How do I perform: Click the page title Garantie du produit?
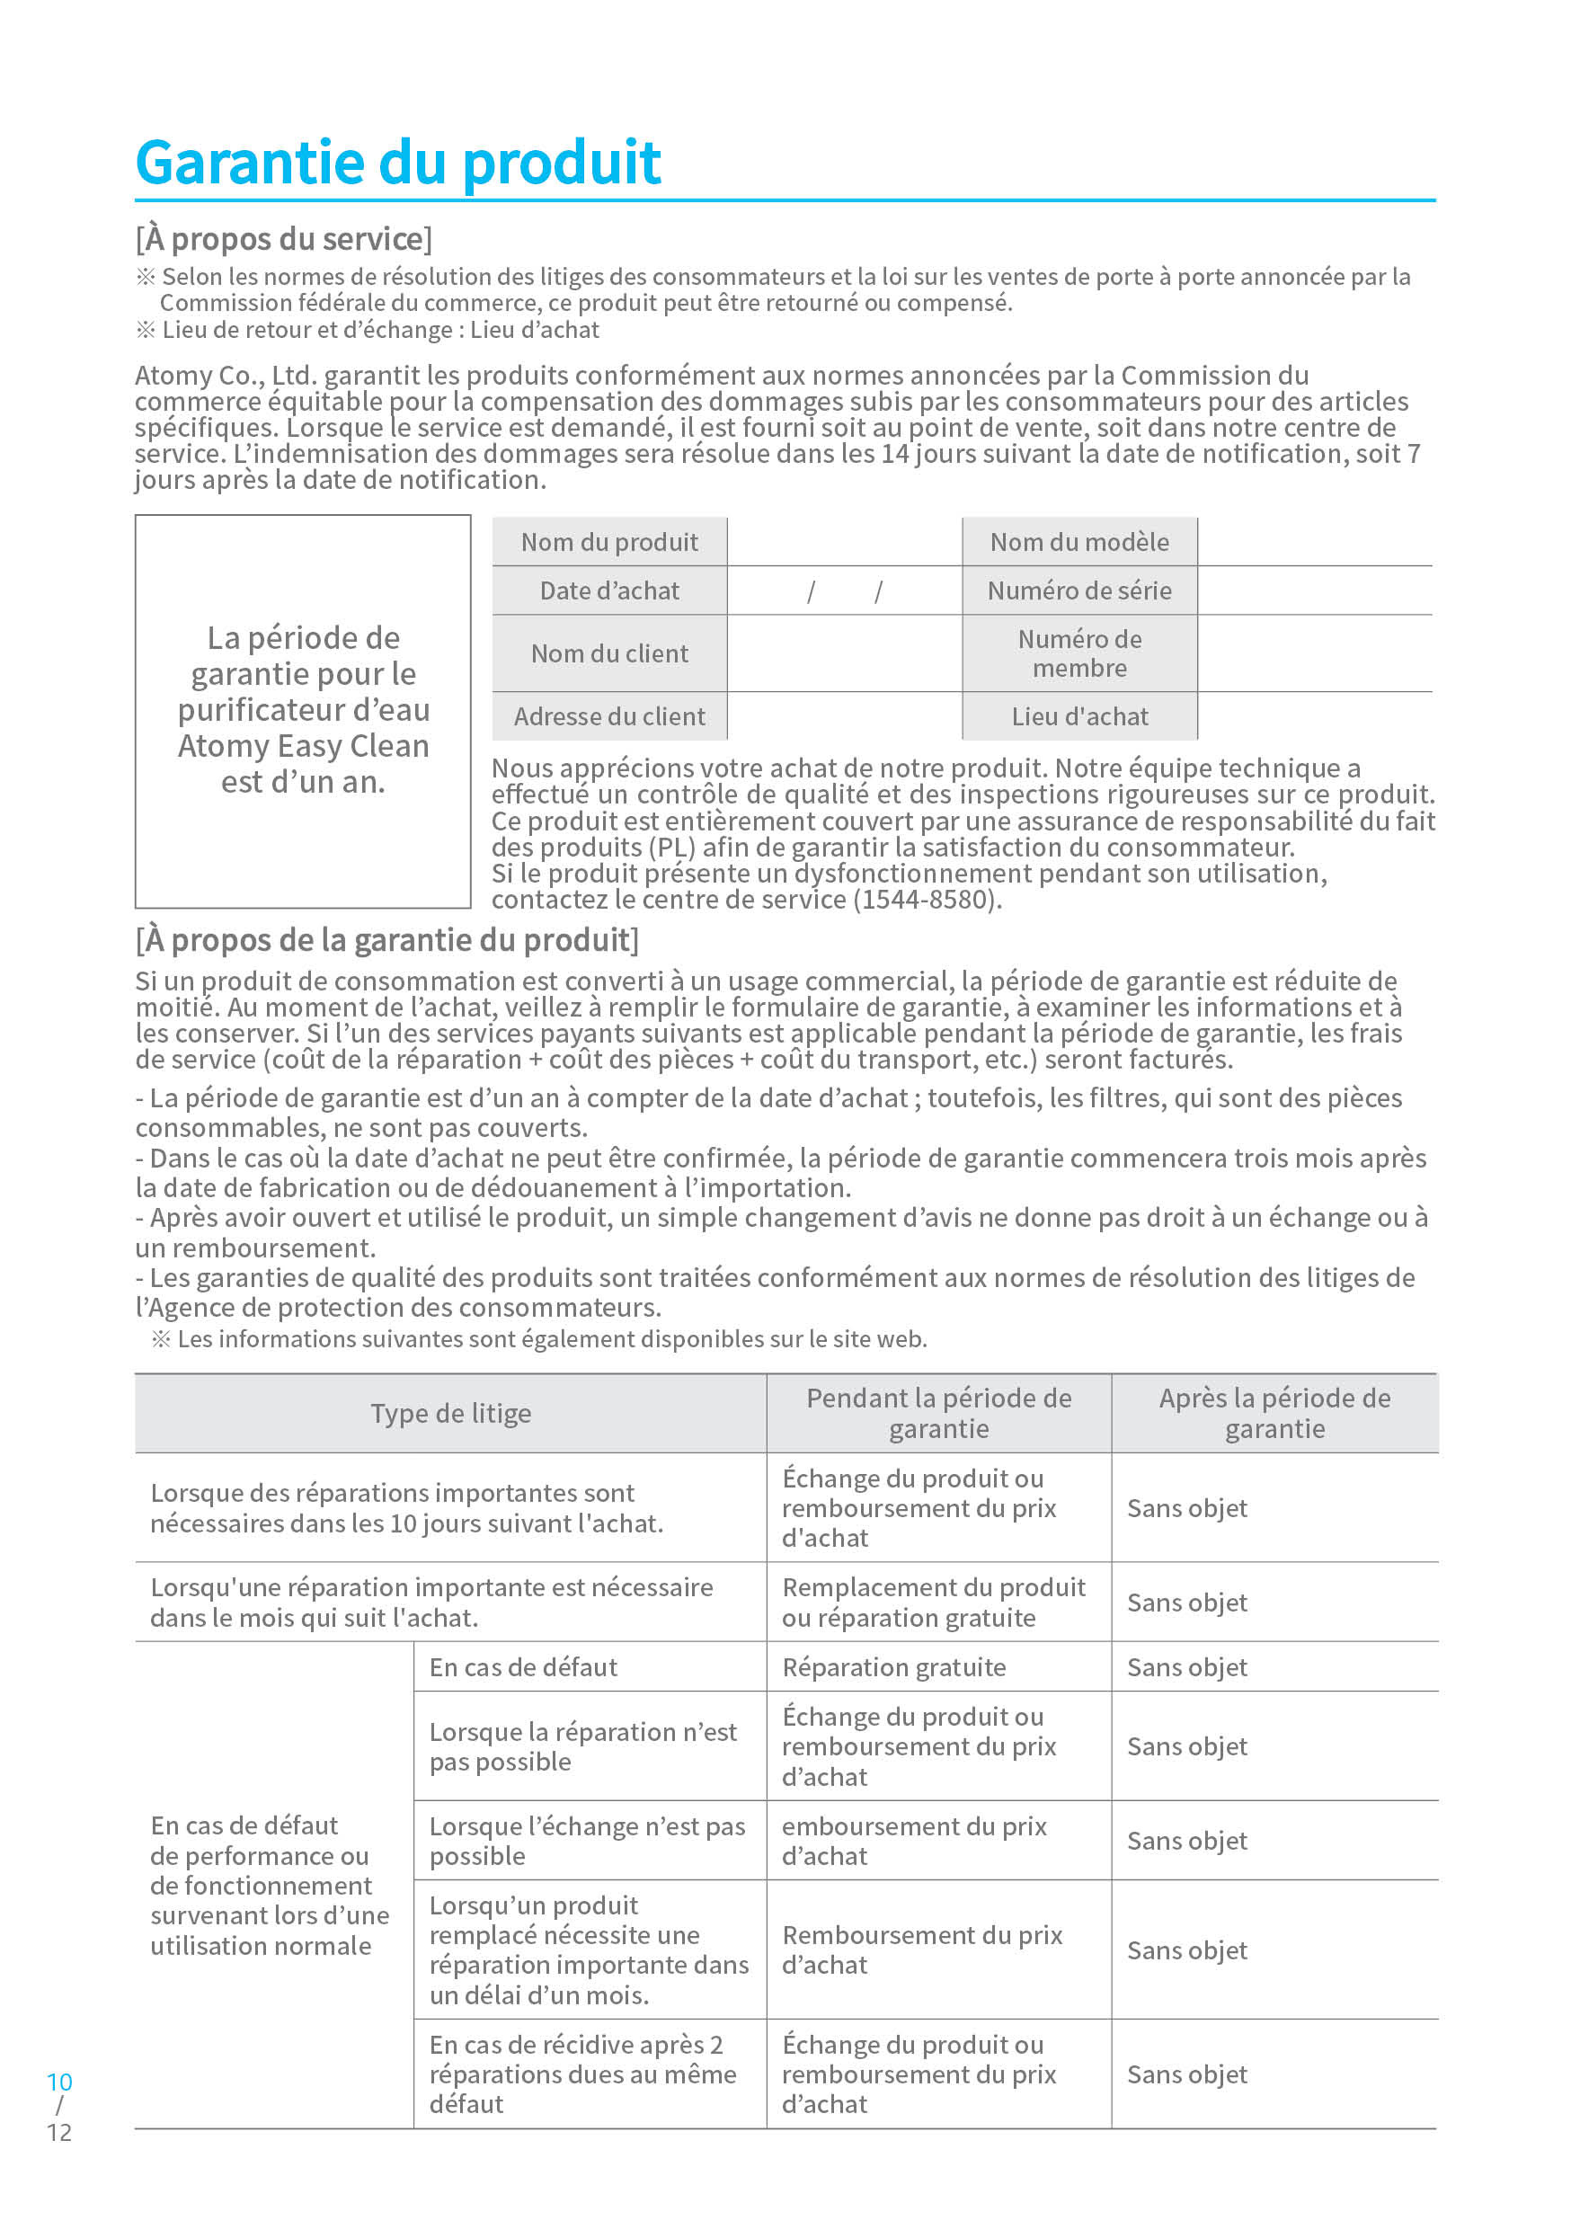click(398, 162)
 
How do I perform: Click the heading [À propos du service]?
click(283, 239)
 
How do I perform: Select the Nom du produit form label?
click(608, 542)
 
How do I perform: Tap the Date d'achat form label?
click(608, 591)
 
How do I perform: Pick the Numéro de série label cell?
click(1078, 591)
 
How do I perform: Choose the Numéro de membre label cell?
click(1078, 653)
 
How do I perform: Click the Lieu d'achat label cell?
click(1078, 716)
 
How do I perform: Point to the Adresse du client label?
click(608, 716)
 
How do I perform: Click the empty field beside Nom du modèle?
click(1315, 542)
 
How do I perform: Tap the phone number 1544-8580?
click(927, 899)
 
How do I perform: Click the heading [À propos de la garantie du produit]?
click(386, 940)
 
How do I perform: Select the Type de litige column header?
click(450, 1414)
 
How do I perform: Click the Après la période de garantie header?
click(1274, 1414)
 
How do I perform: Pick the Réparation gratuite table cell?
click(893, 1668)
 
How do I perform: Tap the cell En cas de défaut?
click(523, 1668)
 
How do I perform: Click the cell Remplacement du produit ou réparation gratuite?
click(933, 1602)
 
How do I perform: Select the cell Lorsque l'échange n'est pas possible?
click(587, 1841)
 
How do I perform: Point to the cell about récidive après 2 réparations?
click(582, 2074)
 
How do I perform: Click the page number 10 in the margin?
click(59, 2082)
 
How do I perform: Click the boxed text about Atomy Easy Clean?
click(303, 710)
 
